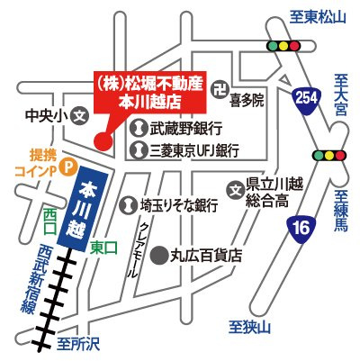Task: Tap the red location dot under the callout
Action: [x=102, y=140]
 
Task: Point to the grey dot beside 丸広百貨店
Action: [x=158, y=255]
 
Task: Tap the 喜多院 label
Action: [x=247, y=102]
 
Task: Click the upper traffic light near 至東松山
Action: [x=283, y=45]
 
